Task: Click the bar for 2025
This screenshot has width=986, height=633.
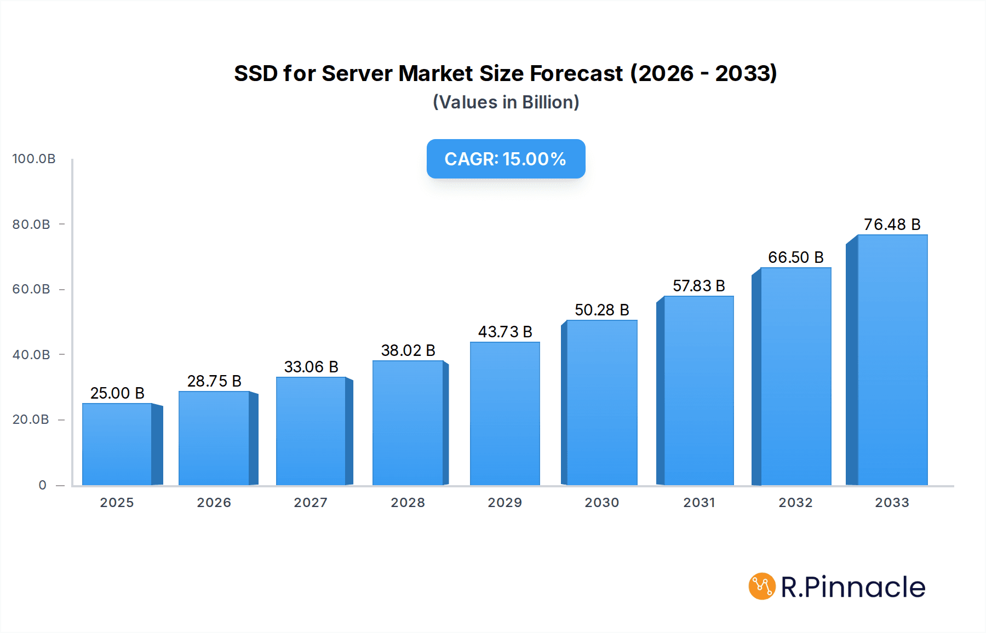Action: (117, 444)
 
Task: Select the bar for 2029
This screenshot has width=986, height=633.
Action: (505, 413)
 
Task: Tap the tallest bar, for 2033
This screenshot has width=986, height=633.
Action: (892, 360)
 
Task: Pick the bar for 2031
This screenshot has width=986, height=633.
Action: (698, 390)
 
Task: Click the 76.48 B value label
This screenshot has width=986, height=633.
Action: (892, 225)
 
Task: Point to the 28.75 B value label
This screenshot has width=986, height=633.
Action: (214, 381)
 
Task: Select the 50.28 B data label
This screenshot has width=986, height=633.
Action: (601, 310)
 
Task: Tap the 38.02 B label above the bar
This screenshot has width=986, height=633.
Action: (408, 350)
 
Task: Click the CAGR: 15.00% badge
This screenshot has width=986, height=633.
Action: (506, 159)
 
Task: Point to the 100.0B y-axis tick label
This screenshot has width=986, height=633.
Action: (34, 159)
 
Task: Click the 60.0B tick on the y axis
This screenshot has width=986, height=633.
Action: (31, 289)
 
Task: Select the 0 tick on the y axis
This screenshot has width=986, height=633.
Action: (42, 485)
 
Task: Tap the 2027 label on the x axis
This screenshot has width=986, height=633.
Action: (311, 503)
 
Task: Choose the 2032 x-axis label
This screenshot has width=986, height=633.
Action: (795, 503)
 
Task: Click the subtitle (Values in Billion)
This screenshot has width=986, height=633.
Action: (506, 102)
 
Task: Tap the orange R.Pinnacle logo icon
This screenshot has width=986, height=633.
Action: (762, 586)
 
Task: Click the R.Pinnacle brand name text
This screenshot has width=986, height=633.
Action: (853, 587)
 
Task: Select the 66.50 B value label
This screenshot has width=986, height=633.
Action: (795, 257)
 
